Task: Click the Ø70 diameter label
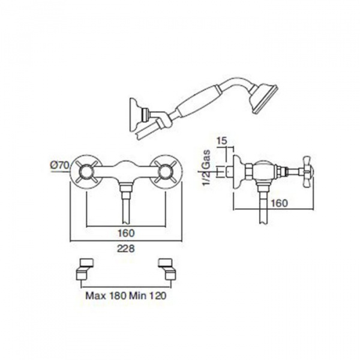coord(59,165)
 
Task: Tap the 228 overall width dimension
coord(125,248)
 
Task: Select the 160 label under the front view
coord(126,233)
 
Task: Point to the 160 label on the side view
coord(279,203)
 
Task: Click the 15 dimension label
coord(221,141)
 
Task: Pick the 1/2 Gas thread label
coord(206,167)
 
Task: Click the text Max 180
coord(106,296)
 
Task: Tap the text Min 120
coord(148,296)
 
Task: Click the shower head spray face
coord(266,100)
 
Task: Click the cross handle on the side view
coord(307,171)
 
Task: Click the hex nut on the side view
coord(249,172)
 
